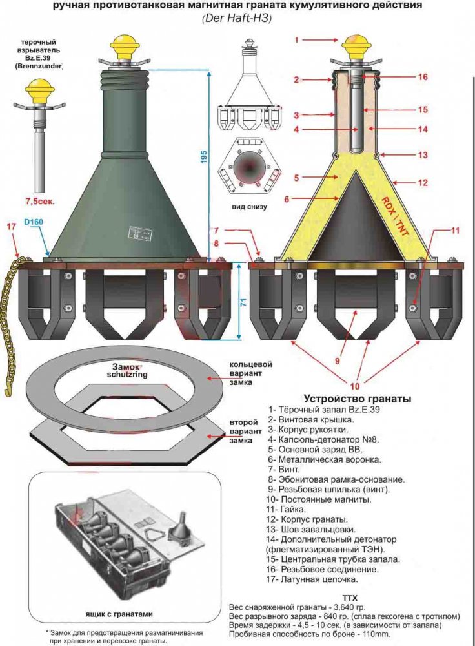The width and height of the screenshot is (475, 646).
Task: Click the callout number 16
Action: [x=423, y=77]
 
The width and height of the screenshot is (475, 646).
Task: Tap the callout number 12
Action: [x=423, y=183]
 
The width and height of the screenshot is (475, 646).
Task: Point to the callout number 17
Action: [x=10, y=226]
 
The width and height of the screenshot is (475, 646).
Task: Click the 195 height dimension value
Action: [x=204, y=156]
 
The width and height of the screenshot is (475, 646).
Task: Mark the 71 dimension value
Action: [x=242, y=302]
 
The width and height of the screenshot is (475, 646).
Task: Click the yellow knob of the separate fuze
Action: [x=39, y=87]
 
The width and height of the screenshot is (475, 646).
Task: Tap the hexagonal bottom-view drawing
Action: [x=250, y=163]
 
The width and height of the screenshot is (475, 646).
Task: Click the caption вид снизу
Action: [x=250, y=207]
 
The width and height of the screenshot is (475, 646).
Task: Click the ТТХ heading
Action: [x=350, y=597]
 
